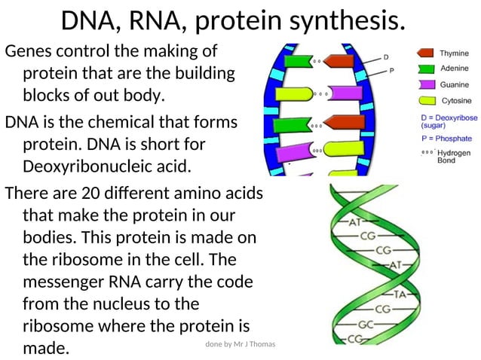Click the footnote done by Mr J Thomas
pyautogui.click(x=240, y=344)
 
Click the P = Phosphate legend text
pyautogui.click(x=446, y=139)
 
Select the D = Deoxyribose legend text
pyautogui.click(x=449, y=118)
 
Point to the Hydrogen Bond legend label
pyautogui.click(x=454, y=157)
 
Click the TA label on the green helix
pyautogui.click(x=400, y=295)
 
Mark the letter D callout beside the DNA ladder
pyautogui.click(x=386, y=57)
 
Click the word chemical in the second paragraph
pyautogui.click(x=127, y=121)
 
